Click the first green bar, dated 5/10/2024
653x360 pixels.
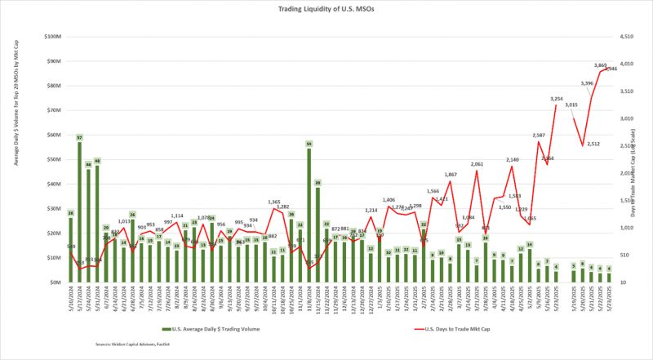[70, 249]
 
